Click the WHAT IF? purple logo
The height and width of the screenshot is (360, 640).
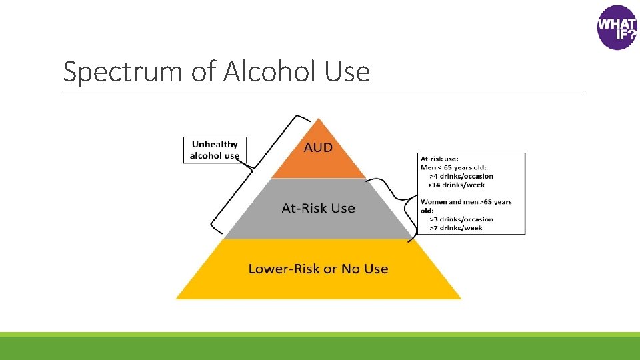tap(617, 27)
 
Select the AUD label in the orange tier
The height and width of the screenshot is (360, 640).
tap(318, 147)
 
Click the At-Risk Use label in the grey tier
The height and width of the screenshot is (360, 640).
tap(318, 208)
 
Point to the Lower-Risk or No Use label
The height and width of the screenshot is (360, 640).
tap(318, 269)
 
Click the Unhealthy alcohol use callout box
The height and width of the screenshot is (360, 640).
tap(215, 149)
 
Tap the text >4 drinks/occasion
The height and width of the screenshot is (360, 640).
tap(461, 177)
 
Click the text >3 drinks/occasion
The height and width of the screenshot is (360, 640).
tap(461, 219)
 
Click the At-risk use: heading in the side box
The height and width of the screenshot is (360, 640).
tap(439, 159)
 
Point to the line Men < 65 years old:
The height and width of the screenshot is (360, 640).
tap(455, 168)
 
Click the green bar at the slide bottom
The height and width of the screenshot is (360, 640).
tap(320, 347)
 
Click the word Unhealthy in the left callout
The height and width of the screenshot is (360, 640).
tap(215, 144)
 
